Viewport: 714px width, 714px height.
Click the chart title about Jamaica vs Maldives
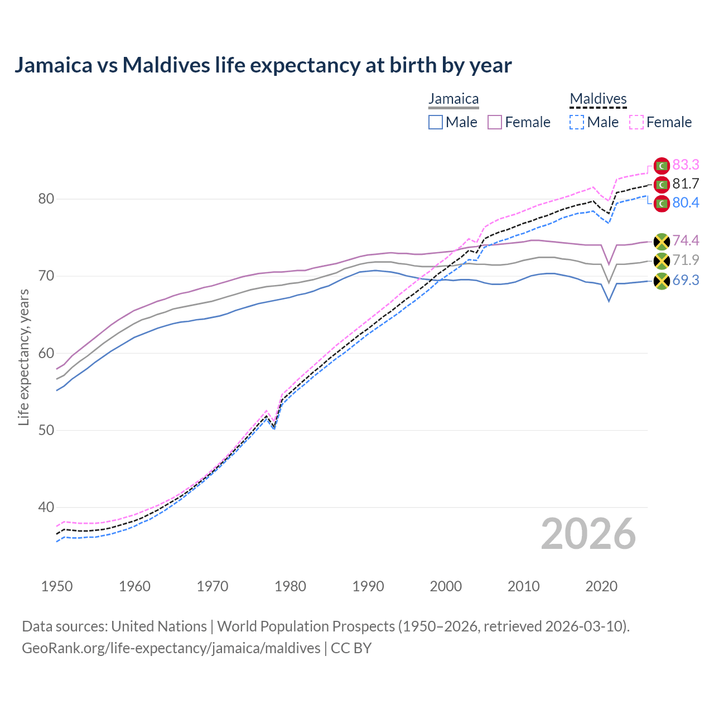point(263,65)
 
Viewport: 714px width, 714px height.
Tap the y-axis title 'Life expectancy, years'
point(23,357)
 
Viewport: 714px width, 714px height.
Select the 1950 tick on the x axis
point(57,586)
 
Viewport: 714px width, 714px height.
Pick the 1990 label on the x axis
point(368,586)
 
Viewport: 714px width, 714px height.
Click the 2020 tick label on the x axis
point(601,586)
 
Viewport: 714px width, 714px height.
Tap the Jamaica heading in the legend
point(454,99)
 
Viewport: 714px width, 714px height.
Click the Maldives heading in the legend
point(598,99)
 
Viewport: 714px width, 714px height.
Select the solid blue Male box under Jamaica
point(436,122)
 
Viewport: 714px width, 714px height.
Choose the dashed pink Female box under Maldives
point(636,122)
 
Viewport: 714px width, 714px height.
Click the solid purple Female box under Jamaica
point(495,122)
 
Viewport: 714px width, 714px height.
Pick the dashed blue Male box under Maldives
point(577,122)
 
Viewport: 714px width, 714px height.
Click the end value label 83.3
point(686,165)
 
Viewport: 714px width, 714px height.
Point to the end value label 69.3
point(686,280)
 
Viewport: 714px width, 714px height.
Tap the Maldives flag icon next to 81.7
point(662,184)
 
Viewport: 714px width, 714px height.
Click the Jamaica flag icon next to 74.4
point(662,241)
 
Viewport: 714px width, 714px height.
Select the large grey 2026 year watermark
point(588,534)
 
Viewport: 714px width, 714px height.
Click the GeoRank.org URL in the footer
point(171,648)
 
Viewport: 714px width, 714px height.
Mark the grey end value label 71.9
point(686,260)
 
